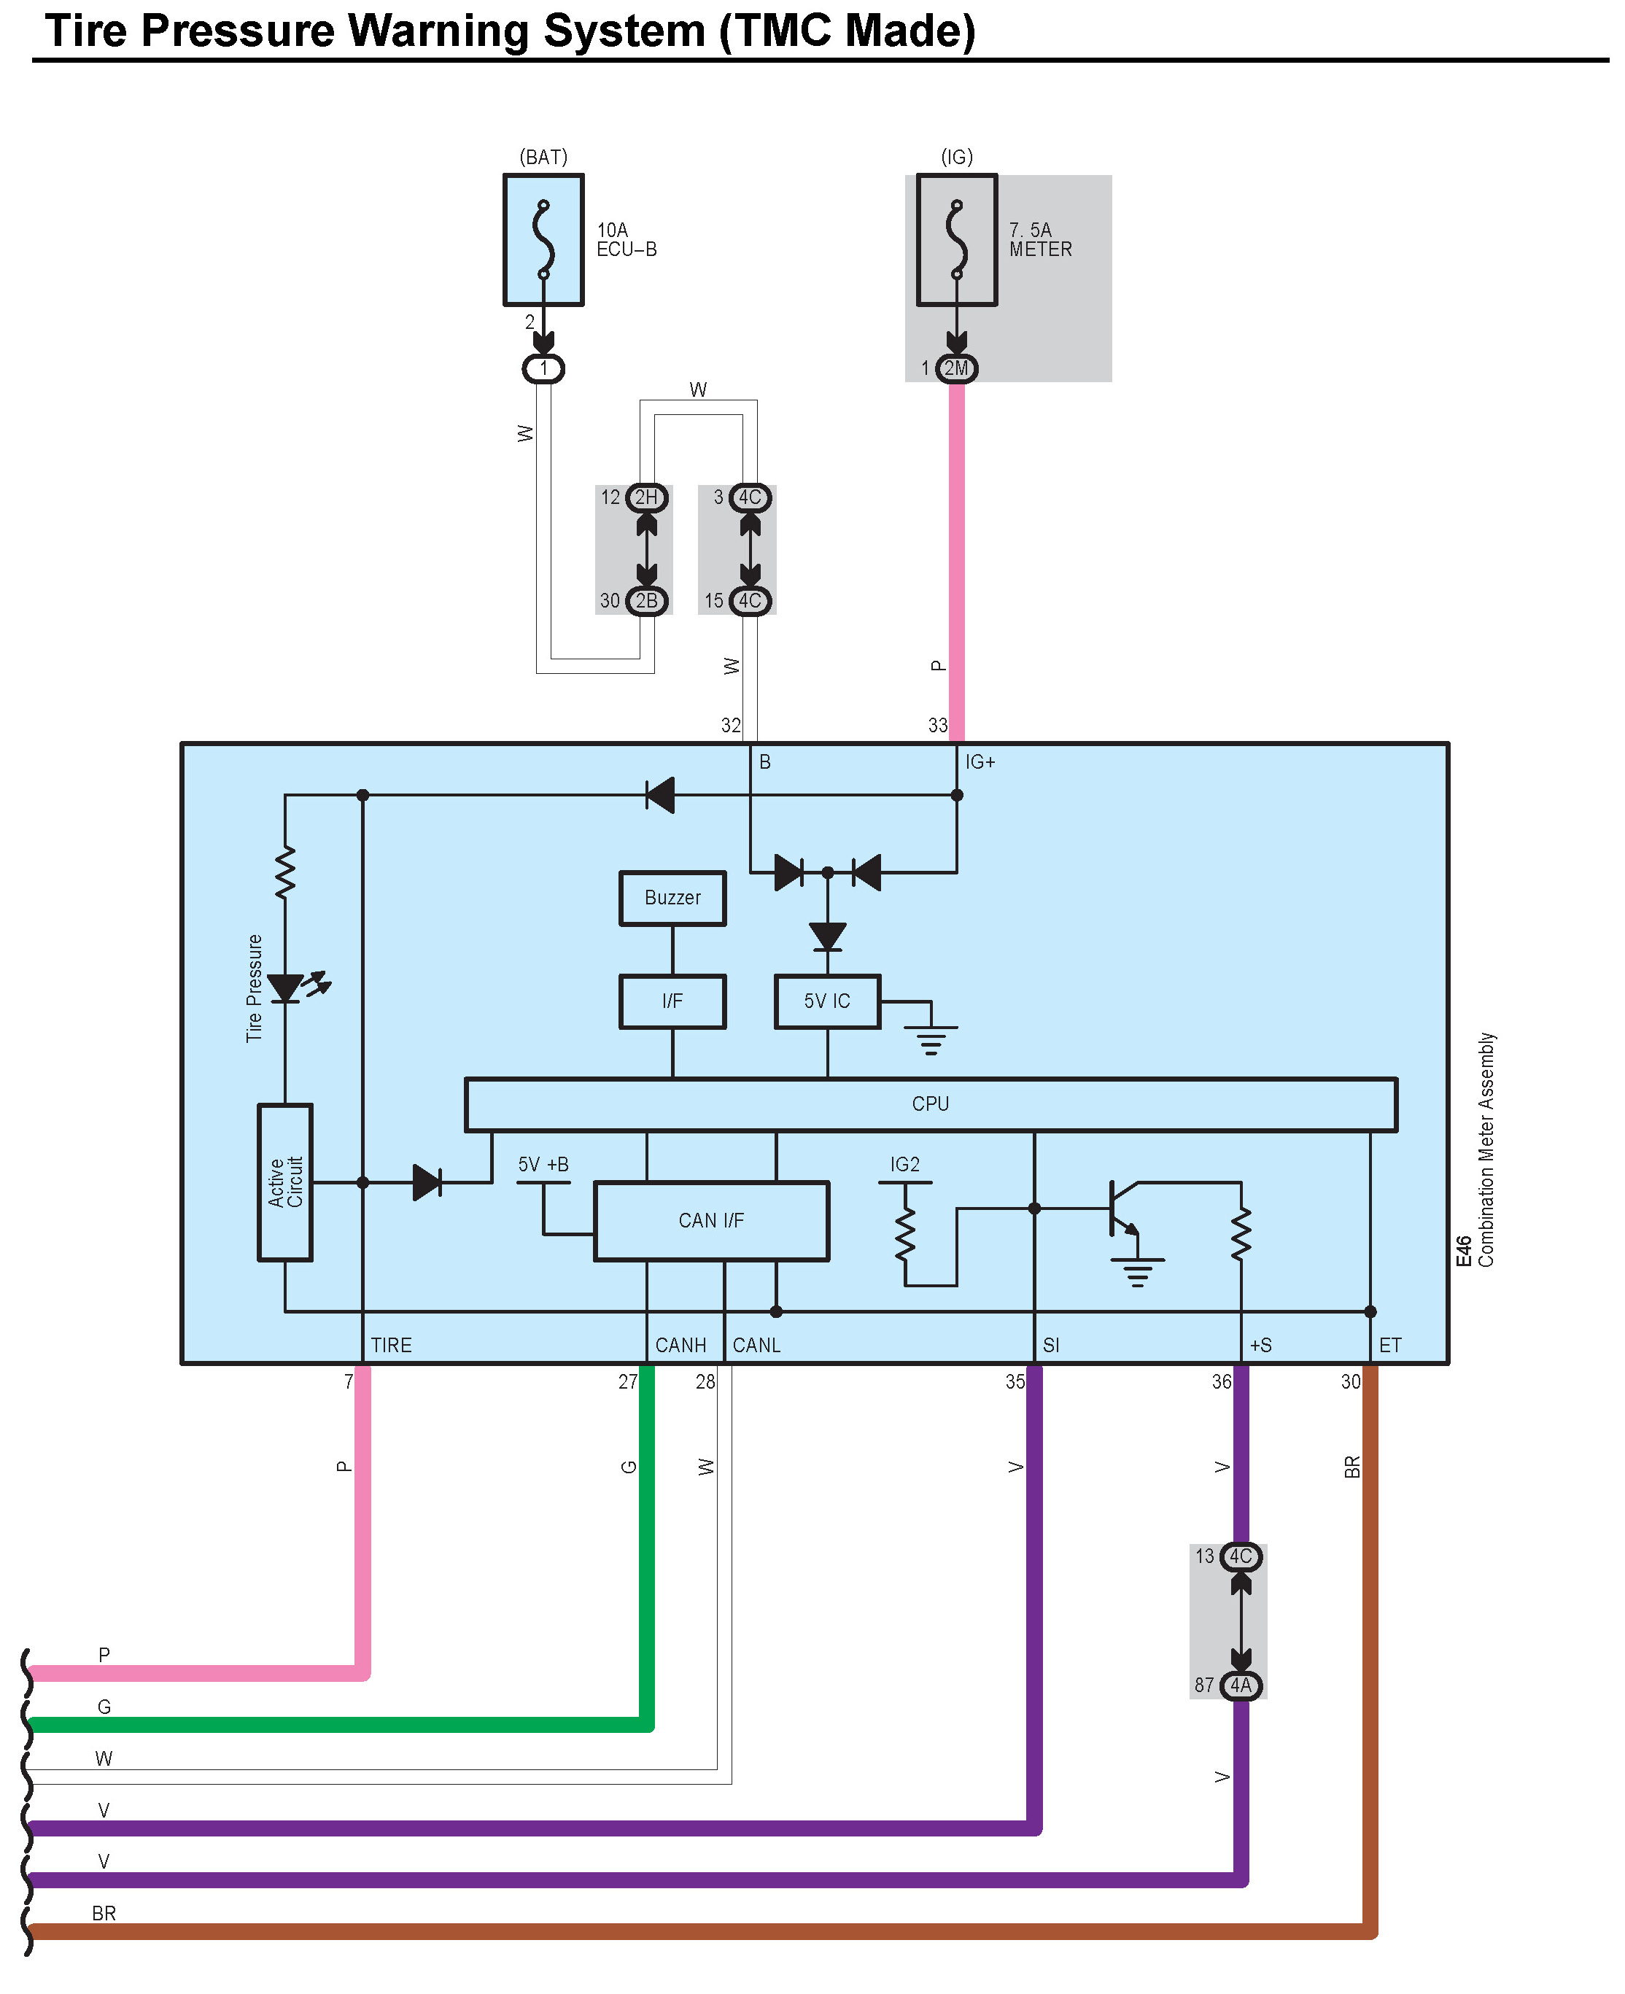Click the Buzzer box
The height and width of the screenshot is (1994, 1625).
672,898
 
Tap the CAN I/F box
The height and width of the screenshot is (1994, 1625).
711,1221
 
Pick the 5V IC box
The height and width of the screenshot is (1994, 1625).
828,1001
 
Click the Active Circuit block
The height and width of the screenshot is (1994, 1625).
284,1182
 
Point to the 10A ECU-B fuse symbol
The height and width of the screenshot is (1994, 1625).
543,240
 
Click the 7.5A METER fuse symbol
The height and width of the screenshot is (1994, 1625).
957,240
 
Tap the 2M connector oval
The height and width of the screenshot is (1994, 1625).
955,368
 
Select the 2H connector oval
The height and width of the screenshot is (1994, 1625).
647,497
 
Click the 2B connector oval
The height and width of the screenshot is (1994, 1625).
647,601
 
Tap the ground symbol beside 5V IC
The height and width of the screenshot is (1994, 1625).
931,1037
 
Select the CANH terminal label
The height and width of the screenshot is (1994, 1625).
680,1345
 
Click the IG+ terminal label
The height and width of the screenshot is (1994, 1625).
980,762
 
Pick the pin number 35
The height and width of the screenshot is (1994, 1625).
1015,1382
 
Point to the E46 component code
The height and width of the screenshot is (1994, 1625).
1464,1251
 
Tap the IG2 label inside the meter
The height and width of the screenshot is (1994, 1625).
904,1165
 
